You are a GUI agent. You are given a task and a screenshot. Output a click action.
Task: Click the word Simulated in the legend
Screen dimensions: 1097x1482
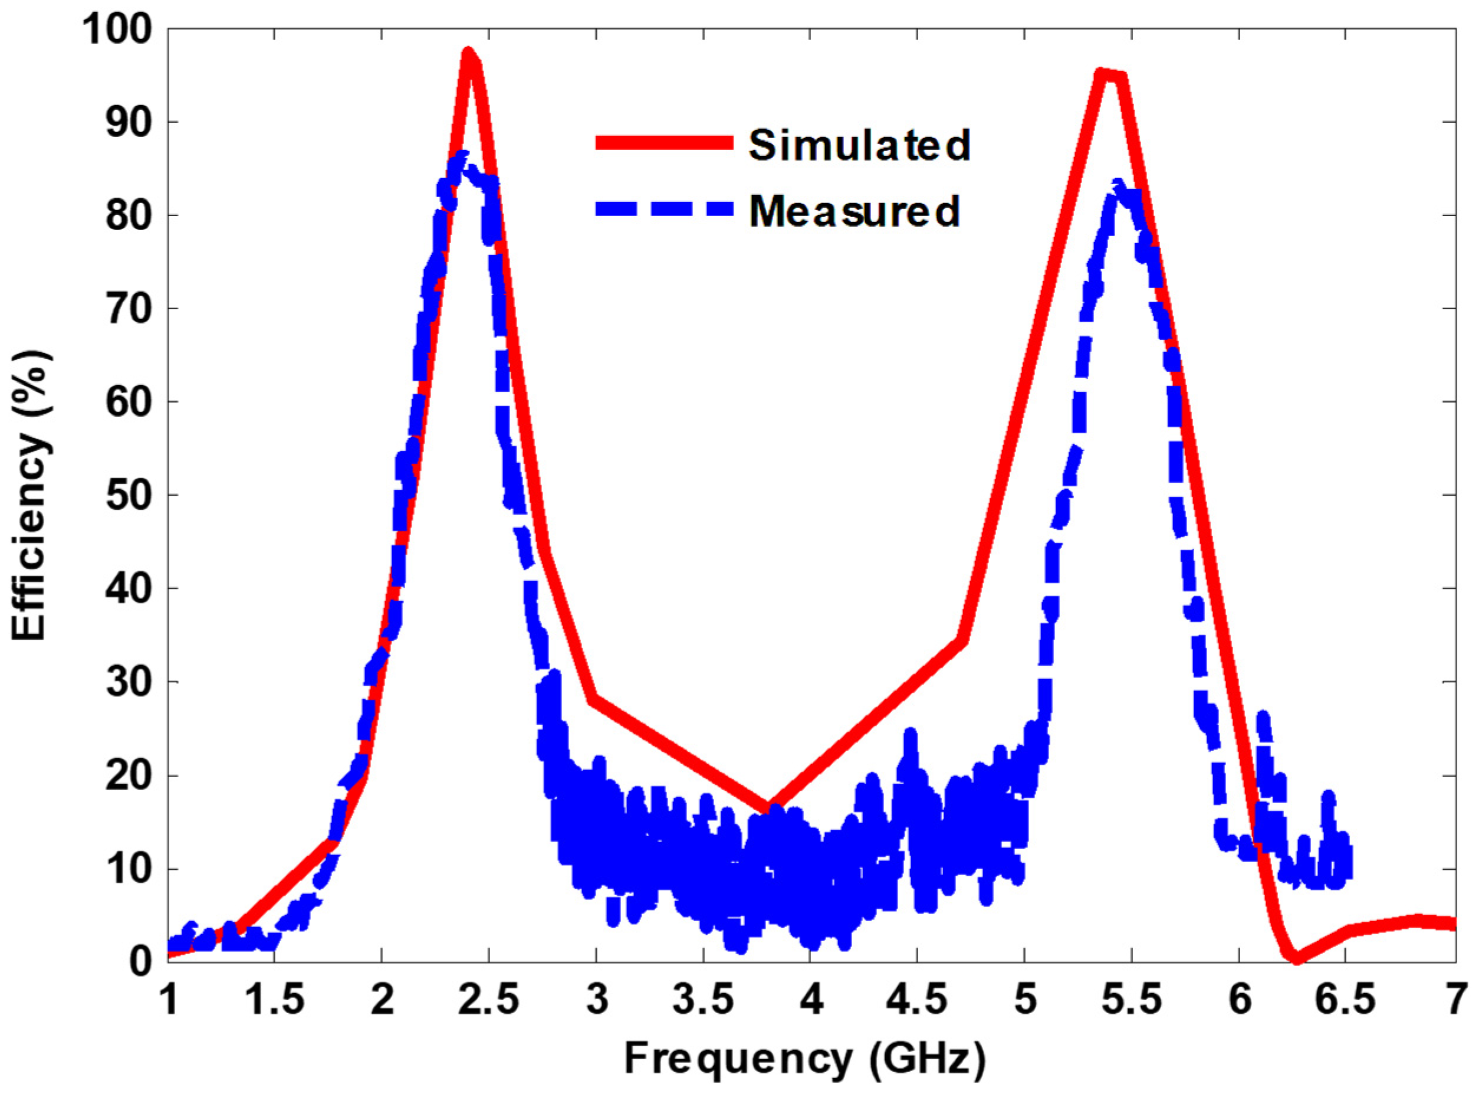pyautogui.click(x=859, y=144)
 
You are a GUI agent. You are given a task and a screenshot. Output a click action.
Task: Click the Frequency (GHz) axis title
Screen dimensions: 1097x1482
pyautogui.click(x=804, y=1059)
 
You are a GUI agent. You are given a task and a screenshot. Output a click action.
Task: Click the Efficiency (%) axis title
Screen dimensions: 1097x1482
pyautogui.click(x=30, y=497)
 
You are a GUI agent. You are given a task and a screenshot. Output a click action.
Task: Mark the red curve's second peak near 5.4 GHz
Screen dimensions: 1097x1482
pyautogui.click(x=1105, y=74)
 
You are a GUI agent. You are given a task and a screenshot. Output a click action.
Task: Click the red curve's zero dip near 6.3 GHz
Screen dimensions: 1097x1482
pyautogui.click(x=1296, y=958)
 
